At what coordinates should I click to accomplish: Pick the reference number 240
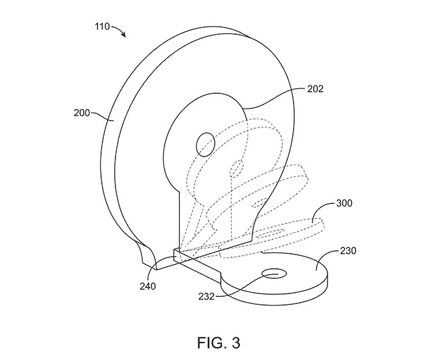coord(148,286)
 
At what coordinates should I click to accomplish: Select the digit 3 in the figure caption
coord(234,342)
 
